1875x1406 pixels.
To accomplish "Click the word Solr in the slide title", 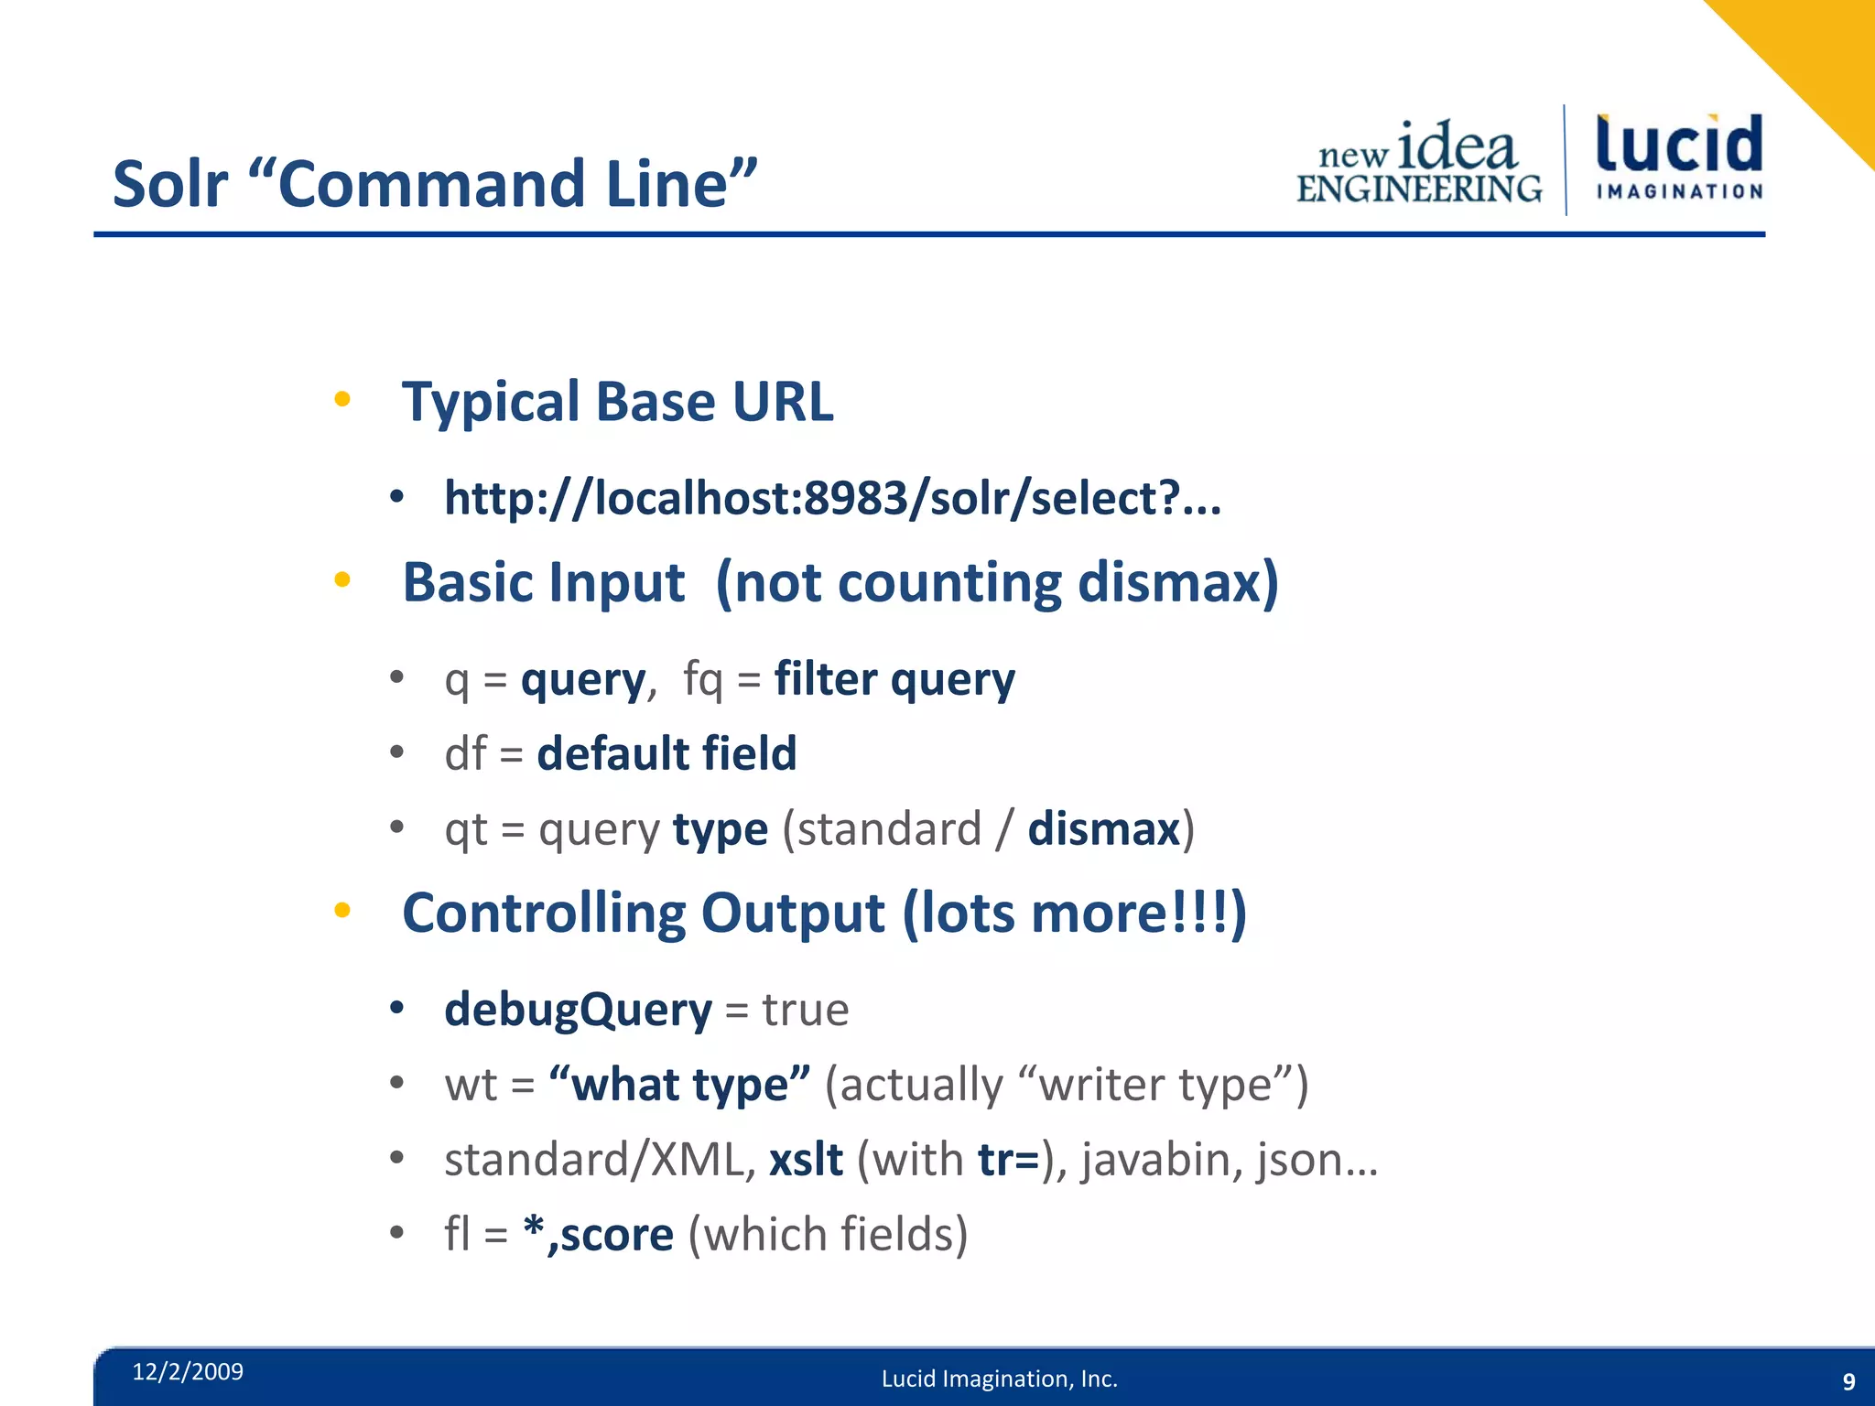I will (169, 184).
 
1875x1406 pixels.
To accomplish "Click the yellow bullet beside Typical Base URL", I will (342, 399).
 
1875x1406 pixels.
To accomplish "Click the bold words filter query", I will (894, 680).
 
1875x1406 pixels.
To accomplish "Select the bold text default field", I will (667, 754).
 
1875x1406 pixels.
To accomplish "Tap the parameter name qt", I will (466, 830).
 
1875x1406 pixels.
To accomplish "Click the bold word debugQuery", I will (578, 1011).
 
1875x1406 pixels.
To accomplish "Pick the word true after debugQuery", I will (806, 1011).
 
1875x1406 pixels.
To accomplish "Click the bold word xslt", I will (806, 1160).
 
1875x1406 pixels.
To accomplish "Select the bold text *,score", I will (598, 1235).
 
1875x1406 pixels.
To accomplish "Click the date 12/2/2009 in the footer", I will (188, 1371).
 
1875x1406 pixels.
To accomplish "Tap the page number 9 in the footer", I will (1848, 1381).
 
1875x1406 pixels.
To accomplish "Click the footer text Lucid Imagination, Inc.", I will (999, 1379).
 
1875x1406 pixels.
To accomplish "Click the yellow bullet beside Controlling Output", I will (342, 910).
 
